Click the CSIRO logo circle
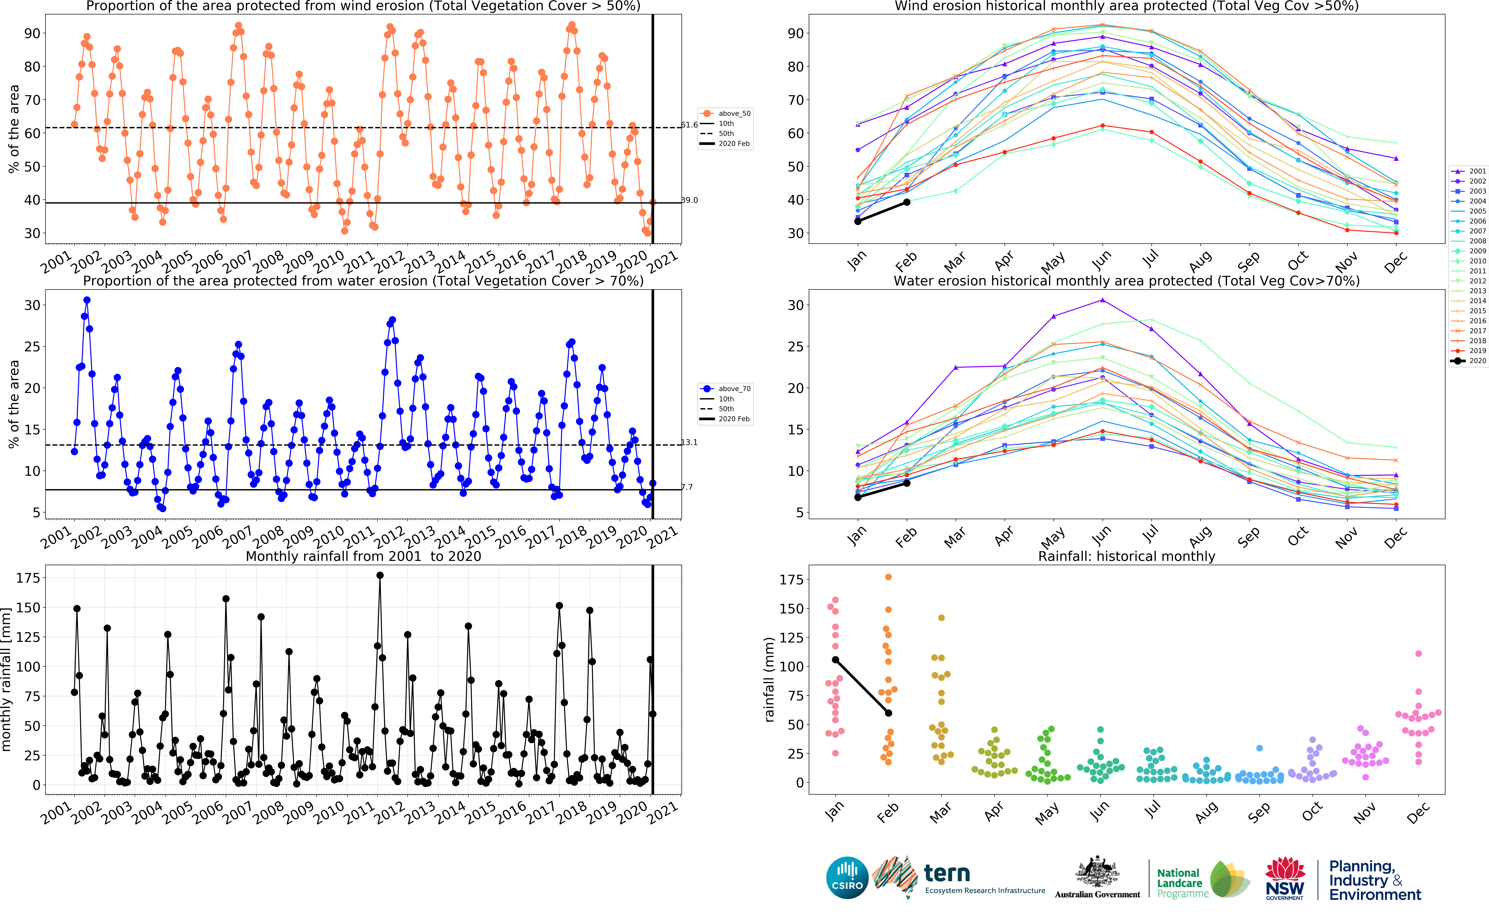(847, 878)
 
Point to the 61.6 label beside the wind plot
(689, 125)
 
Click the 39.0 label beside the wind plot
(689, 200)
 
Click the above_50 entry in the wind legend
(734, 113)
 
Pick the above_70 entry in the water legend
(734, 389)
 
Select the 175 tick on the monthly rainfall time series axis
(28, 578)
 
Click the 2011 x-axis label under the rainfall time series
(359, 813)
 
